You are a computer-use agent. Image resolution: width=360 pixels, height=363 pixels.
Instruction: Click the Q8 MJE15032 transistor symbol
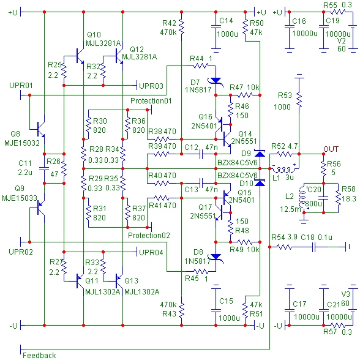40,129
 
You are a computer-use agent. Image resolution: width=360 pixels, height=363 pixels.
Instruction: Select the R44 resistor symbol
200,66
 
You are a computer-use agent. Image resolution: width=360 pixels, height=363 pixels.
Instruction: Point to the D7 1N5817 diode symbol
216,81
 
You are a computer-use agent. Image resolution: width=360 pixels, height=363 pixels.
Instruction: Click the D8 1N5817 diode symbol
216,257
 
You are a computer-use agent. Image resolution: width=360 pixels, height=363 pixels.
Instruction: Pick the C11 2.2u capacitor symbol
44,168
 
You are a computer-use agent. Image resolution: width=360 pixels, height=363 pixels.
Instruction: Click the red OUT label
331,149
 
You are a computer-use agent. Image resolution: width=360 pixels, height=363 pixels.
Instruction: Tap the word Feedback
39,355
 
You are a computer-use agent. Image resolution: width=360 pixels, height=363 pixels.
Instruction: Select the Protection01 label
151,101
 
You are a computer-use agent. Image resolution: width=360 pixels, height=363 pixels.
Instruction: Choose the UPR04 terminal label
151,252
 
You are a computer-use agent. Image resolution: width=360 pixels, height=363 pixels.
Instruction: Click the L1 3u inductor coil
284,170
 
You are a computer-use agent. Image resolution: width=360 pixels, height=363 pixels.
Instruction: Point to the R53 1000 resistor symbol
299,100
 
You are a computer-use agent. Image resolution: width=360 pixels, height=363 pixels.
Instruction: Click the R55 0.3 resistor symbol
338,12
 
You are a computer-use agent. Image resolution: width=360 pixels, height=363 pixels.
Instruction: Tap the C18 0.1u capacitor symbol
313,247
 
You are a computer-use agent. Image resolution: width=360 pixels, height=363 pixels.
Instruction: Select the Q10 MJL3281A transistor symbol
80,56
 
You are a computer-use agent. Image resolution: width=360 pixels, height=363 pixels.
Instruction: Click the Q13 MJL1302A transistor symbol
119,281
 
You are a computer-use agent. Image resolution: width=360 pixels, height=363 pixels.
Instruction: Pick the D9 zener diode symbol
260,153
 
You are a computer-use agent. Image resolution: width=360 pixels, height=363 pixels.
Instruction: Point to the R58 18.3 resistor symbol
338,198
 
